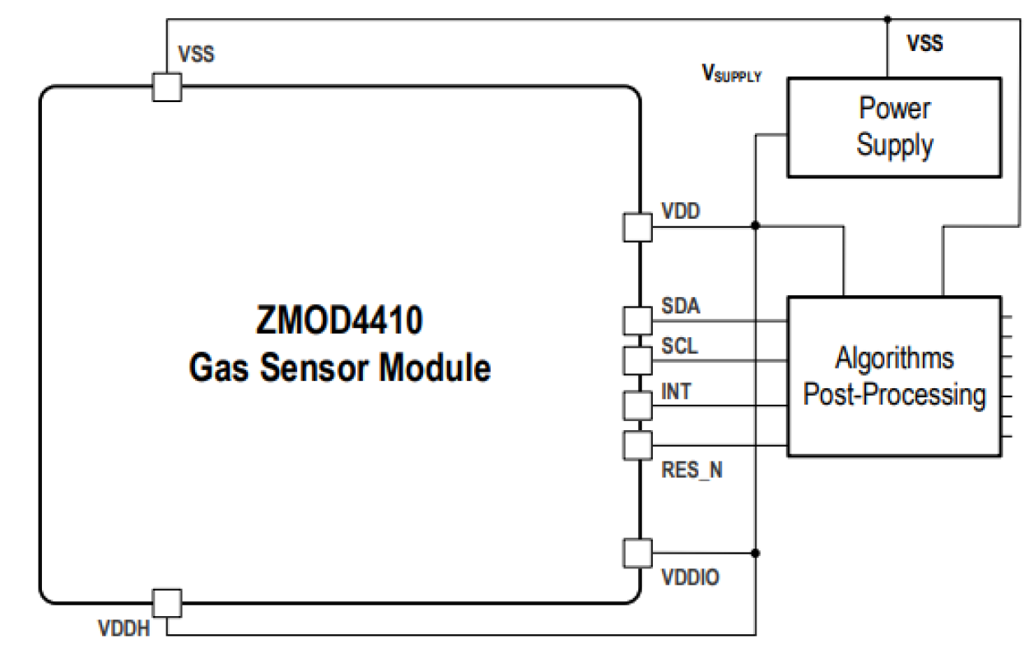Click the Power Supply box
[x=894, y=127]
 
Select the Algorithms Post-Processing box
[x=895, y=375]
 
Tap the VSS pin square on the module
[x=167, y=86]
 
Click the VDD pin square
[x=636, y=227]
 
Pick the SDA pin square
[x=636, y=320]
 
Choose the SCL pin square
[x=636, y=359]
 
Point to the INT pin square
[x=636, y=405]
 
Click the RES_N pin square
[x=636, y=445]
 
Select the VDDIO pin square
[x=636, y=553]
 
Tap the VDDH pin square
[x=167, y=603]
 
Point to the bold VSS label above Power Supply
[x=925, y=44]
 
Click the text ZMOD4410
[x=340, y=321]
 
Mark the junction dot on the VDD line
[x=756, y=225]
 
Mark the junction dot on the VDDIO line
[x=756, y=553]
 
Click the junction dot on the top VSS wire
[x=887, y=19]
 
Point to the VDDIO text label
[x=690, y=578]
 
